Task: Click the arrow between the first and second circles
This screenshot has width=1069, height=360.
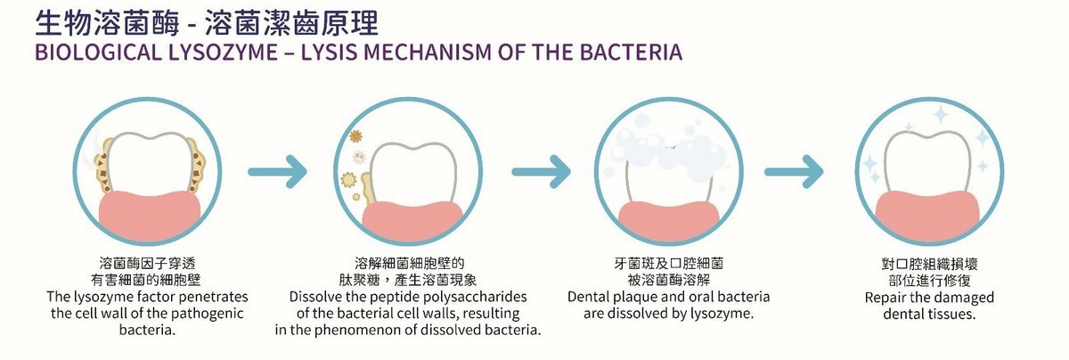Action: (x=277, y=171)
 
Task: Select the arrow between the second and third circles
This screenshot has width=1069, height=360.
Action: (x=542, y=171)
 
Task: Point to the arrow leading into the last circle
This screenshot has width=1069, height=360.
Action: (x=794, y=171)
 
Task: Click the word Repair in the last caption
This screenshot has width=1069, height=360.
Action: (x=885, y=297)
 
